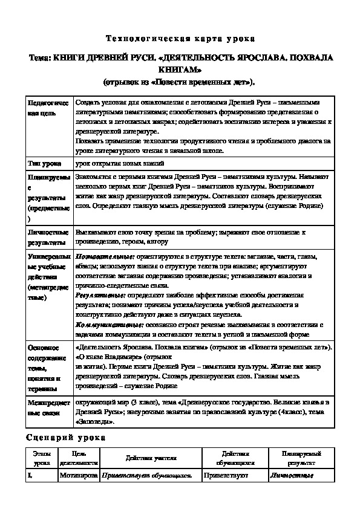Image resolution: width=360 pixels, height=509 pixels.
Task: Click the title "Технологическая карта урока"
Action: [180, 38]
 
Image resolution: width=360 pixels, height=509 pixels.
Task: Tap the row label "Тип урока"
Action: [44, 163]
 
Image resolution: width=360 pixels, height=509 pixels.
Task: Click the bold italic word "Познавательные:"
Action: [99, 256]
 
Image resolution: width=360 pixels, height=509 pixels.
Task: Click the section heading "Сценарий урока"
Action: [66, 436]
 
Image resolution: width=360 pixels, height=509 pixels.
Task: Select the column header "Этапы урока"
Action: [42, 458]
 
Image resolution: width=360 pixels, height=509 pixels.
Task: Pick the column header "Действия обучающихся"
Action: [236, 458]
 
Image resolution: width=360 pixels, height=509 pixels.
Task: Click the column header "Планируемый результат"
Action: [301, 458]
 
